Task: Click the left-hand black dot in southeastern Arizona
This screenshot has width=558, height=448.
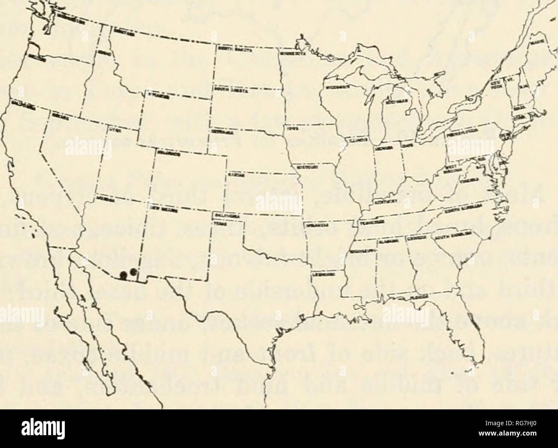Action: [x=123, y=275]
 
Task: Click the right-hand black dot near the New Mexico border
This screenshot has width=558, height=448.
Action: [x=133, y=272]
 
